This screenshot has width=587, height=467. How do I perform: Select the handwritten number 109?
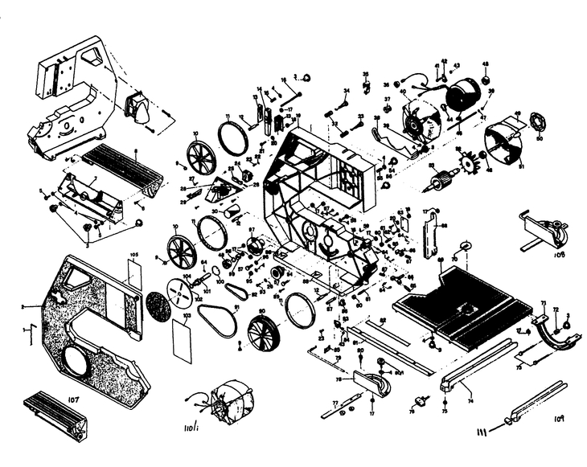[x=560, y=419]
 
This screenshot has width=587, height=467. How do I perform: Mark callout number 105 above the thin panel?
[x=134, y=255]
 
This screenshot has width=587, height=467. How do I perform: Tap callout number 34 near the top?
[x=346, y=91]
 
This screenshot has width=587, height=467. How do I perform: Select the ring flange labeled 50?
[x=538, y=125]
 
